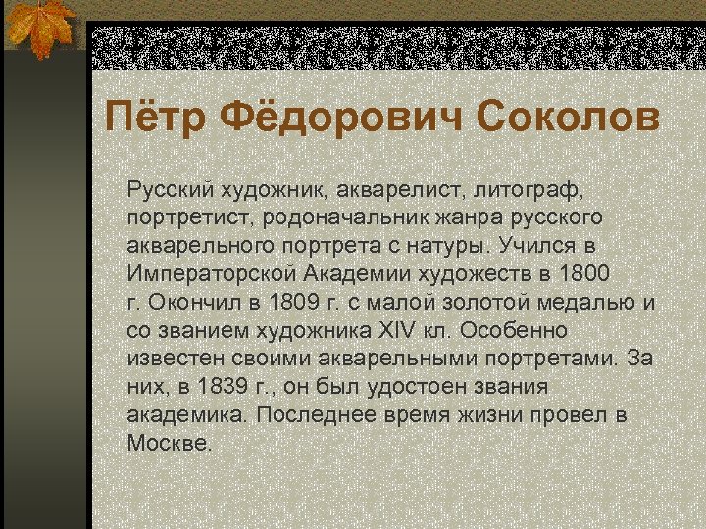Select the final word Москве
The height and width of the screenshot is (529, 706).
pos(169,443)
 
